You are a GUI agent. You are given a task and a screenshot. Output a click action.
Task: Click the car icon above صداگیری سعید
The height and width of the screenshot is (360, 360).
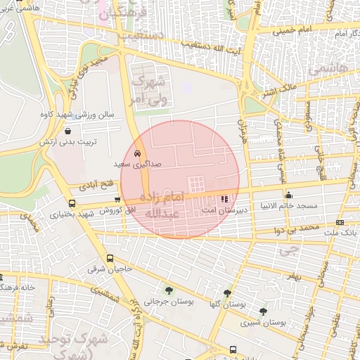coord(136,153)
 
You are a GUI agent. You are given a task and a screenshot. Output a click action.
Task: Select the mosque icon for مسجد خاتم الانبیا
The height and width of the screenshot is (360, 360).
coord(288,195)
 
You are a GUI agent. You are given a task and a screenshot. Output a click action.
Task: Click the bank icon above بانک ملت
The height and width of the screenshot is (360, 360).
coord(340,222)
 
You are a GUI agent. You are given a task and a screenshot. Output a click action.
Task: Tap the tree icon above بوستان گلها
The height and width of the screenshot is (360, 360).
coord(227,293)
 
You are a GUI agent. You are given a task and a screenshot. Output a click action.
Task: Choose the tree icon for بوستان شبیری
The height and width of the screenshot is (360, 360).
coord(263,311)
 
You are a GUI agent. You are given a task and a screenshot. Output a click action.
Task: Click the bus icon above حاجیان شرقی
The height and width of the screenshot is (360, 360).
coord(110,258)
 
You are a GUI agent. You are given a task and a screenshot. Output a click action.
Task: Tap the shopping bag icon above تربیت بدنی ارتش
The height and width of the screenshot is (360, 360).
coord(67,131)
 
